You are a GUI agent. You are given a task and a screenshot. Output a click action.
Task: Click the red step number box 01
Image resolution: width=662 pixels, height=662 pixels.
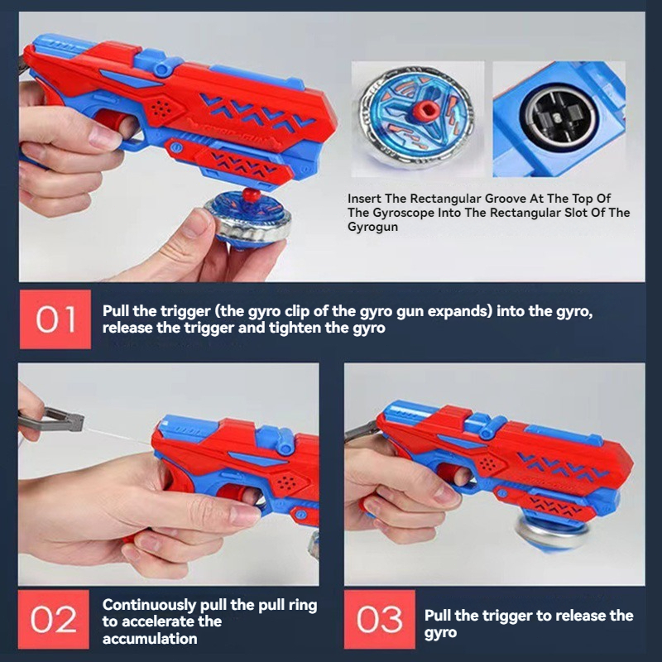pos(55,319)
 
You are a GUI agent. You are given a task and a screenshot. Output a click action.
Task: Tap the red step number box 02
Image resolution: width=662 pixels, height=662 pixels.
pos(54,619)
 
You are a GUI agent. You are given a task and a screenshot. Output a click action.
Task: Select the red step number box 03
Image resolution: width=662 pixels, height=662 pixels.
pos(380,619)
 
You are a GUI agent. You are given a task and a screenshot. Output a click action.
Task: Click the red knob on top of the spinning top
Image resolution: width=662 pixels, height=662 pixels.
pos(252,194)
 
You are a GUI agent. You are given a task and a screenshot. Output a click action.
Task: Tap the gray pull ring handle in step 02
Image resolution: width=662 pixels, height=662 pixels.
pos(52,420)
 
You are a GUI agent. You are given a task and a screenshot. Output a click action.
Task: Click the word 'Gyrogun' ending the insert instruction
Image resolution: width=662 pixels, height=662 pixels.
pos(372,227)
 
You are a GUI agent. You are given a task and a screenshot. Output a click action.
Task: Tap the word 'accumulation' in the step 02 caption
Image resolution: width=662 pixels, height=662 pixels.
pos(150,638)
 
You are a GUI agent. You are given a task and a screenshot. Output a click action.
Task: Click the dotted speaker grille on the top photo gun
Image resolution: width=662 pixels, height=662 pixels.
pos(161,108)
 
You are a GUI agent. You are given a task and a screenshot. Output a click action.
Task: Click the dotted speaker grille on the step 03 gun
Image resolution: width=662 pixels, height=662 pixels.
pos(488,464)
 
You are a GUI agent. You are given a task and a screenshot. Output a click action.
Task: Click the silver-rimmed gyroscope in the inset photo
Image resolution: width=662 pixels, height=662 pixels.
pos(416,116)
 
